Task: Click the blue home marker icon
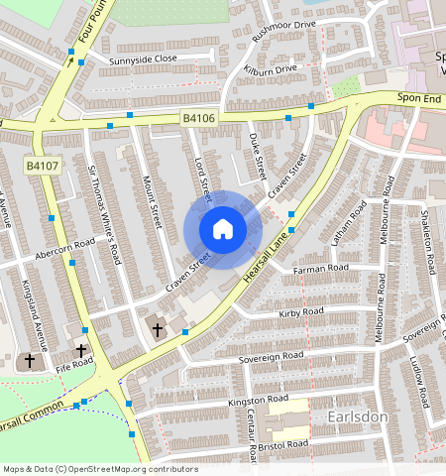click(223, 230)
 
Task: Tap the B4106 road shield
click(199, 119)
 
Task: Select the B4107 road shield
click(42, 166)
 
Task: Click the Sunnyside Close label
click(144, 59)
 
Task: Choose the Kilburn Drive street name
click(271, 70)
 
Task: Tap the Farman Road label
click(322, 268)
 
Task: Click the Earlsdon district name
click(357, 417)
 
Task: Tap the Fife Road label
click(74, 364)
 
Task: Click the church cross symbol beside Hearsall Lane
click(157, 327)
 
